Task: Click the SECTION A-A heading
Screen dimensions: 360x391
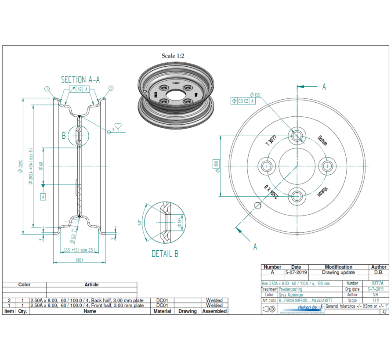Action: coord(80,79)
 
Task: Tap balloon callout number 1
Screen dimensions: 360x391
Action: coord(47,89)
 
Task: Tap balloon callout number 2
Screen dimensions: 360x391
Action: coord(111,88)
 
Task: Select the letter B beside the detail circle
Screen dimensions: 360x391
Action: coord(64,135)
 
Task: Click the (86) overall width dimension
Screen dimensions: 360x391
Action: coord(80,260)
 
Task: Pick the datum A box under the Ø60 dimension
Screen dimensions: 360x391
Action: coord(43,197)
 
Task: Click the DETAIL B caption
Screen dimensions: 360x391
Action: coord(165,254)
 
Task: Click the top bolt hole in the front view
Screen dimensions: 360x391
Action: coord(297,135)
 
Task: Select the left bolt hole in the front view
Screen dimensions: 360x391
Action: coord(267,166)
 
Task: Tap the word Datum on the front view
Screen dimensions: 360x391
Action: coord(322,140)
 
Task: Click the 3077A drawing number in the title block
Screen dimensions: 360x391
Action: coord(377,284)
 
